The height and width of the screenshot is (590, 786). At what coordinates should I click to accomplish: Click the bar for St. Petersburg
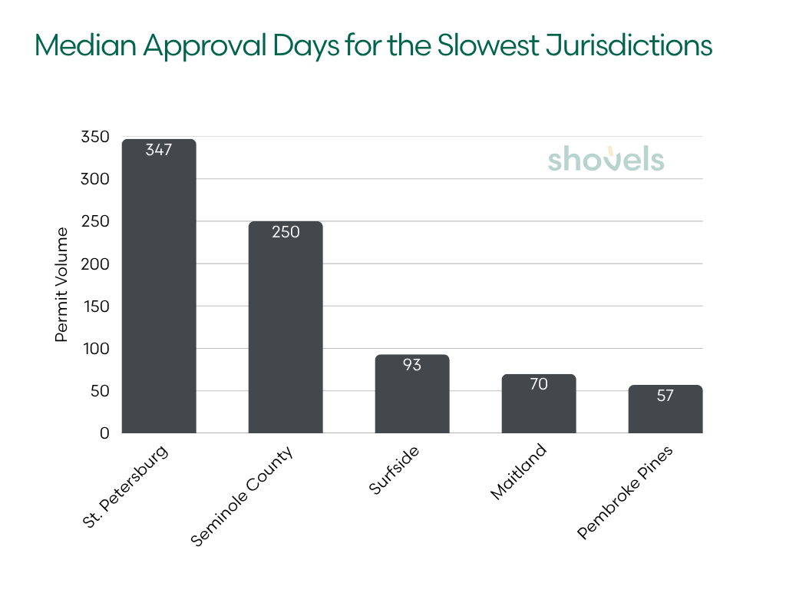tap(159, 292)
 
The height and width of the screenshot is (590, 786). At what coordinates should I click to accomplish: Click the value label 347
tap(159, 149)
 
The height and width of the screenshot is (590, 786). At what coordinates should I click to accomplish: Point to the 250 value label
tap(286, 231)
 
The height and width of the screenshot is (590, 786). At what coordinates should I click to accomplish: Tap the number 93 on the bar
tap(412, 364)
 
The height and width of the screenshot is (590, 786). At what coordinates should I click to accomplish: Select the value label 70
tap(539, 383)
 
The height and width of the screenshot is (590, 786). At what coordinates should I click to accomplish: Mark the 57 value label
tap(665, 395)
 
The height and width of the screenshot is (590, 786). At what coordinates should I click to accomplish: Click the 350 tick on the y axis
tap(95, 138)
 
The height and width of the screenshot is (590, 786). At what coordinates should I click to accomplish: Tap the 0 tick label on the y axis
tap(105, 433)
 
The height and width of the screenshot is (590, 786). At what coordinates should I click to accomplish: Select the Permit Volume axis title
tap(62, 285)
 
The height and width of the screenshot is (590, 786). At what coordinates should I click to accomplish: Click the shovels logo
tap(606, 158)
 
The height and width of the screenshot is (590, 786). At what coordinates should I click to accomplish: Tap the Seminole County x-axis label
tap(243, 495)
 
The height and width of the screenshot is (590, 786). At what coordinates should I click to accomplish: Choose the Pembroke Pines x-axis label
tap(626, 492)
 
